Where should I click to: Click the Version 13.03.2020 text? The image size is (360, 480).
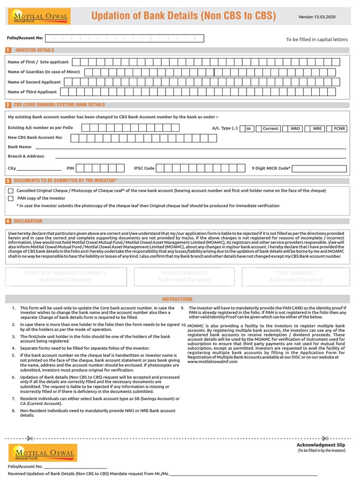[323, 17]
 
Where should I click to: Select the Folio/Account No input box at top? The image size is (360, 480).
[124, 38]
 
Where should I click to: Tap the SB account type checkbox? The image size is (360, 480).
[248, 128]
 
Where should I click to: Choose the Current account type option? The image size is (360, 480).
[270, 128]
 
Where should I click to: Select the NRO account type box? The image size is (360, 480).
[295, 128]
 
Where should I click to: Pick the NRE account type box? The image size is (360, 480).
[317, 128]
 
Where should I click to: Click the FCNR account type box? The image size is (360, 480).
[339, 128]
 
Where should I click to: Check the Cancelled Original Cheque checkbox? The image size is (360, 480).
[11, 191]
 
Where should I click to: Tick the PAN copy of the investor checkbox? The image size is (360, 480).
[11, 198]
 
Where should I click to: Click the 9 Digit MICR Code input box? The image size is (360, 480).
[320, 168]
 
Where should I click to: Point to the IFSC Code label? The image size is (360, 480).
[144, 168]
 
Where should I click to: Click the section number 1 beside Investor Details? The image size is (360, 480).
[7, 50]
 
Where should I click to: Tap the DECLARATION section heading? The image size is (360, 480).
[28, 221]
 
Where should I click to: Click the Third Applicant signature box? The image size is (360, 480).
[296, 276]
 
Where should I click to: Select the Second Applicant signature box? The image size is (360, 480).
[184, 276]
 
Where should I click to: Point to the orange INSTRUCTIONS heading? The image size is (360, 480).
[177, 299]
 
